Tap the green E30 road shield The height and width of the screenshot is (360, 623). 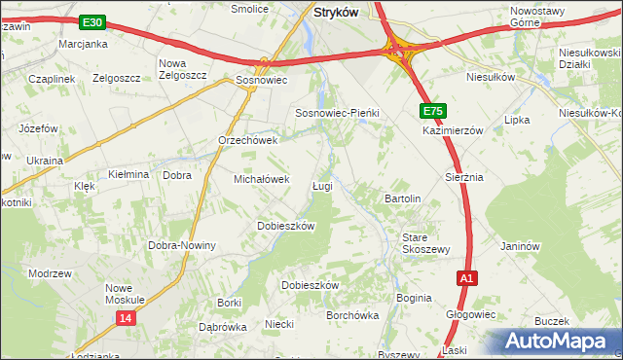[x=92, y=21]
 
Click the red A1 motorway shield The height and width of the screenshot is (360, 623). [x=467, y=278]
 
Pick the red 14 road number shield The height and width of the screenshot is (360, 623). [x=126, y=318]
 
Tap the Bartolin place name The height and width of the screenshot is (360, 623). [x=402, y=198]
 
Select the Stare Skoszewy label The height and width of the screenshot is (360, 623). [x=426, y=242]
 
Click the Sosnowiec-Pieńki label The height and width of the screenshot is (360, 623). [x=336, y=113]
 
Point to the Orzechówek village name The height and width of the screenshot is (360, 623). [x=248, y=140]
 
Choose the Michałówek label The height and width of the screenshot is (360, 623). [x=262, y=179]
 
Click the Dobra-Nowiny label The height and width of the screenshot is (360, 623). [x=181, y=245]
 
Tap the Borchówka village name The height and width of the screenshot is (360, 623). [x=351, y=315]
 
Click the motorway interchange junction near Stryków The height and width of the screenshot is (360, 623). [x=400, y=50]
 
